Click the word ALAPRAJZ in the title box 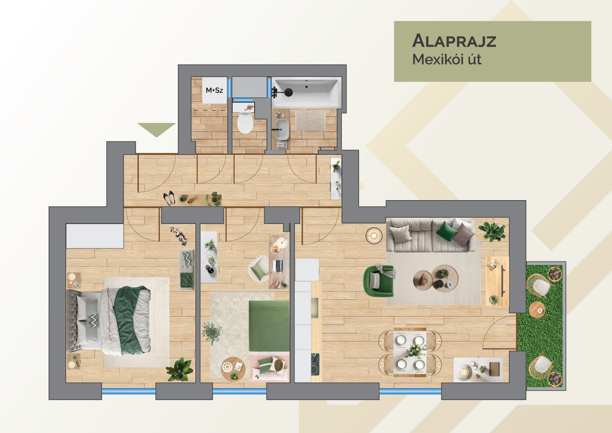click(x=454, y=41)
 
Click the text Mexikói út click(x=446, y=60)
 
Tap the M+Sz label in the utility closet click(x=214, y=90)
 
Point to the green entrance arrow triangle click(x=156, y=129)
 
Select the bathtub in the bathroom click(x=306, y=92)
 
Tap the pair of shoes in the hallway click(x=169, y=198)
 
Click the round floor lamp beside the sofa click(x=374, y=235)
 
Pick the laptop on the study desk click(x=278, y=266)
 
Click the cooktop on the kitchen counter click(x=315, y=364)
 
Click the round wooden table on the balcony click(x=537, y=310)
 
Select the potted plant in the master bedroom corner click(x=180, y=369)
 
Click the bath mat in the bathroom click(x=310, y=121)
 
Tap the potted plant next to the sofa click(x=492, y=231)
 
